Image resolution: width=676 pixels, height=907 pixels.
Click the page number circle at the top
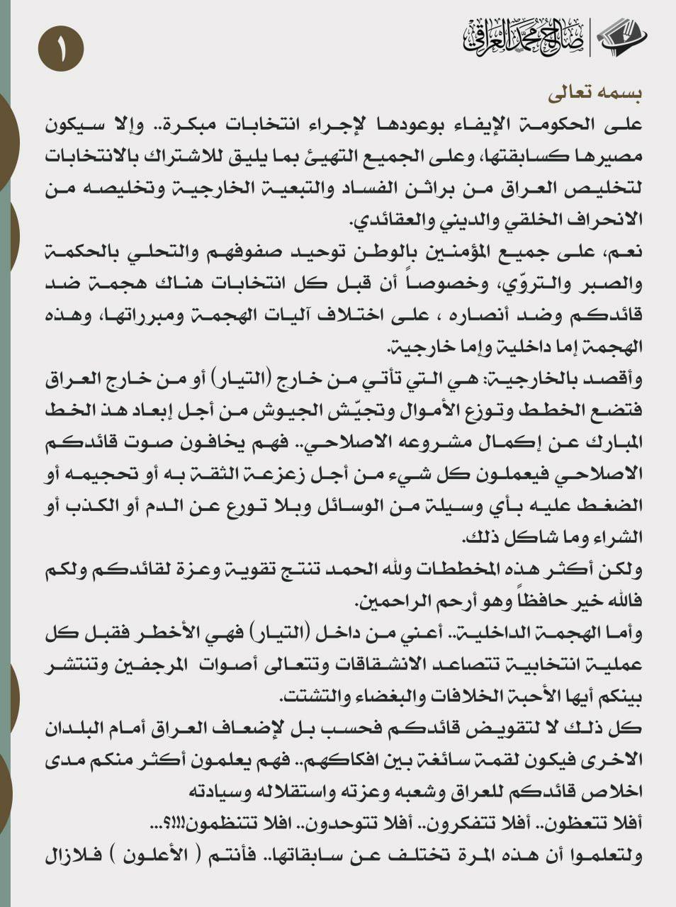(x=61, y=48)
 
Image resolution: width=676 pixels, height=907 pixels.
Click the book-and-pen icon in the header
(x=621, y=37)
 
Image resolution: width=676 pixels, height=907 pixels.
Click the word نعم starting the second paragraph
(x=625, y=252)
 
